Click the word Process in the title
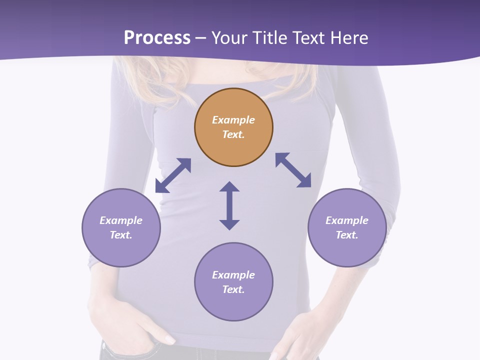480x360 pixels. pyautogui.click(x=157, y=38)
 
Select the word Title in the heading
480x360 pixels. pyautogui.click(x=272, y=38)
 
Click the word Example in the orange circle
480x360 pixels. pyautogui.click(x=233, y=120)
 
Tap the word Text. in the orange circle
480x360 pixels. pyautogui.click(x=233, y=134)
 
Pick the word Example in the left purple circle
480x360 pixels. pyautogui.click(x=121, y=220)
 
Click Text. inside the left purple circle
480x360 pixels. pyautogui.click(x=121, y=235)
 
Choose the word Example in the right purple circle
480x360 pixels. pyautogui.click(x=347, y=220)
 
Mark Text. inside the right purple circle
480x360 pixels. pyautogui.click(x=347, y=235)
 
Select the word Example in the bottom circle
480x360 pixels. pyautogui.click(x=233, y=275)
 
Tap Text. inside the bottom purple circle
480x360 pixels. pyautogui.click(x=233, y=289)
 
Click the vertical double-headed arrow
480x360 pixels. pyautogui.click(x=229, y=205)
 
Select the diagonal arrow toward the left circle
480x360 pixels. pyautogui.click(x=173, y=175)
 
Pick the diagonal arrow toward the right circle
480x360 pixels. pyautogui.click(x=293, y=170)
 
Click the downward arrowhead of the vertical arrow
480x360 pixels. pyautogui.click(x=229, y=224)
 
